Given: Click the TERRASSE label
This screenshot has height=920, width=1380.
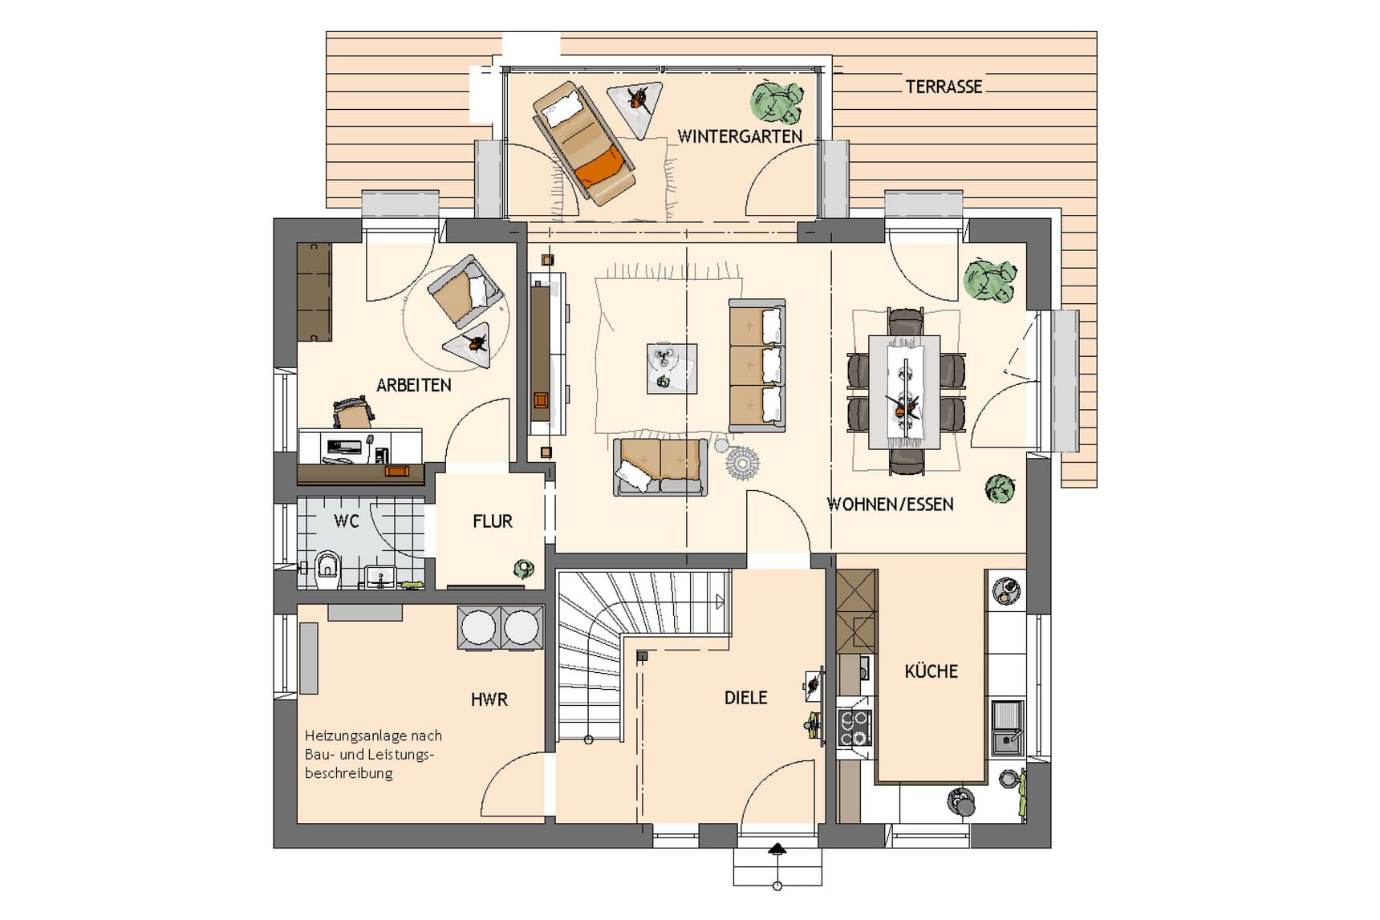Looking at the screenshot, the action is [x=944, y=87].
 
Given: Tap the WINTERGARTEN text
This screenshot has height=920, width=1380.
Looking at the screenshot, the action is [x=740, y=136].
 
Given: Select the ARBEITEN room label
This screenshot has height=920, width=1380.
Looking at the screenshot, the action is [x=414, y=385].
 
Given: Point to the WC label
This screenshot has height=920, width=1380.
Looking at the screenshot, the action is [x=347, y=521].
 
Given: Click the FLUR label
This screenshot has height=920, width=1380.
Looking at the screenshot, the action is [x=493, y=521].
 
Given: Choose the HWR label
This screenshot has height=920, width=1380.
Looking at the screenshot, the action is [x=489, y=699].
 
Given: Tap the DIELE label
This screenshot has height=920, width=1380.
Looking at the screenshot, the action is [x=746, y=698].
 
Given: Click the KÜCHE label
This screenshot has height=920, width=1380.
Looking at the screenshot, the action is [x=931, y=671].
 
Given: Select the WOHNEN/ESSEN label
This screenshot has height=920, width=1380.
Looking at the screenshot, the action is [x=891, y=505].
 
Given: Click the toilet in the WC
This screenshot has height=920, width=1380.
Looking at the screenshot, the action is [x=327, y=568].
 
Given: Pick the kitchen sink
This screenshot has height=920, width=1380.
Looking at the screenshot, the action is [x=1007, y=727].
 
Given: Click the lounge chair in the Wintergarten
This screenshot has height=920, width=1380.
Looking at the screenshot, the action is [x=584, y=143].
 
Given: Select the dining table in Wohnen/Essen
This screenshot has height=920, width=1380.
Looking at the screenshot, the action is [x=905, y=391].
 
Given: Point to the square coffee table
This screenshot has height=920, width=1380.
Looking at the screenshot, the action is [x=672, y=368].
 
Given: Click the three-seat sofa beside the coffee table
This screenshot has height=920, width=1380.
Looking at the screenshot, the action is [x=757, y=366].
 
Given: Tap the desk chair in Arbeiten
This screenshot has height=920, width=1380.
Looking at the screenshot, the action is [x=353, y=413].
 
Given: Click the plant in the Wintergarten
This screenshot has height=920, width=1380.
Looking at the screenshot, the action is [x=776, y=101].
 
